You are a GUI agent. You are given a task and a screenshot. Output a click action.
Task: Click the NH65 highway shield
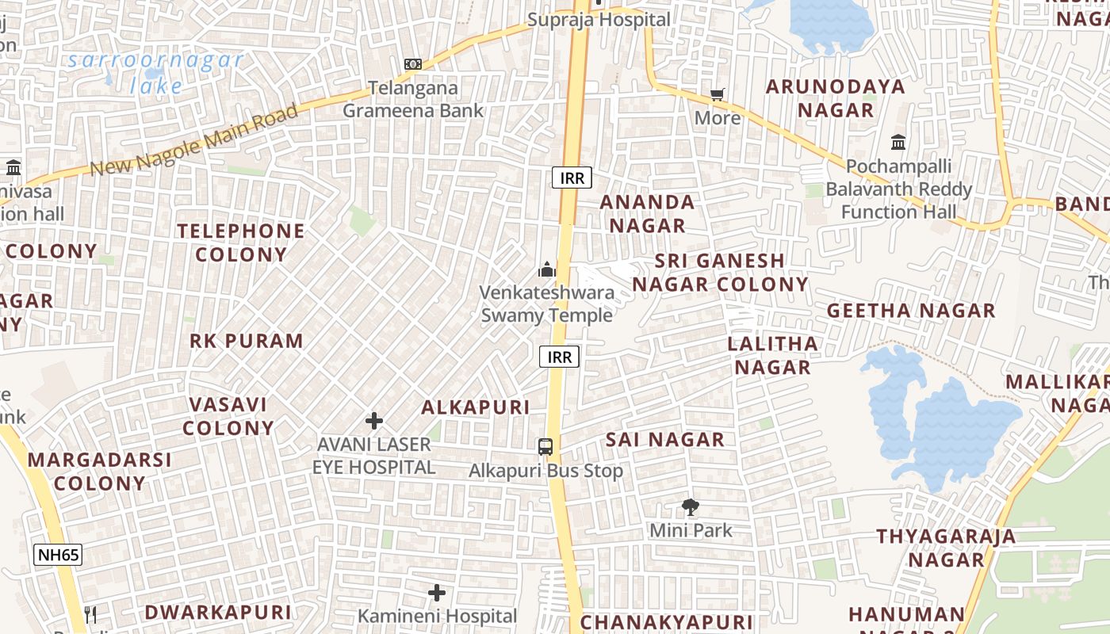click(58, 554)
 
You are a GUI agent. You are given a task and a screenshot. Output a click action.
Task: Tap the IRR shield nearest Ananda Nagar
click(572, 178)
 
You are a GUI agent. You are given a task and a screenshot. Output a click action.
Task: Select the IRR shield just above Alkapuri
click(559, 357)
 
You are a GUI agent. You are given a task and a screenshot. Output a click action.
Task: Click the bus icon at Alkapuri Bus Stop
click(545, 446)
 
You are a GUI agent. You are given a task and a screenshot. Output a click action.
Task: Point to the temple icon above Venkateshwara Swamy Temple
click(546, 269)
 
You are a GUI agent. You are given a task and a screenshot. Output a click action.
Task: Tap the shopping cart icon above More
click(718, 95)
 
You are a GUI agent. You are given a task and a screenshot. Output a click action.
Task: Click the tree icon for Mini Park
click(691, 507)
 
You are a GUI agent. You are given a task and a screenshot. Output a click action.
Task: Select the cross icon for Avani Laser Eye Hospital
click(374, 421)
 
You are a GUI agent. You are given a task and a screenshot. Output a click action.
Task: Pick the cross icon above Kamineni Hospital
click(437, 593)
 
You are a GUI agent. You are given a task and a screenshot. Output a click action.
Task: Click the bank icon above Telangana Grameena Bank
click(412, 64)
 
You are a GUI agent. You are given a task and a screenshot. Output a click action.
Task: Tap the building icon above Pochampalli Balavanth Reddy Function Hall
click(898, 143)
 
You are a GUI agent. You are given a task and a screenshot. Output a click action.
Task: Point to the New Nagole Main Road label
click(194, 140)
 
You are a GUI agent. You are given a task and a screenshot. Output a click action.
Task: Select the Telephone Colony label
click(241, 243)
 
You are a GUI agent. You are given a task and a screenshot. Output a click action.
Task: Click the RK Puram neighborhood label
click(247, 341)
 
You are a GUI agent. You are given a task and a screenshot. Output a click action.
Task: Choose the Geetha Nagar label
click(911, 311)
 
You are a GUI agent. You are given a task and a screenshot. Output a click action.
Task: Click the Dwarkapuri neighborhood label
click(218, 612)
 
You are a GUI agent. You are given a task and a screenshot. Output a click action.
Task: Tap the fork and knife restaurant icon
click(90, 615)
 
